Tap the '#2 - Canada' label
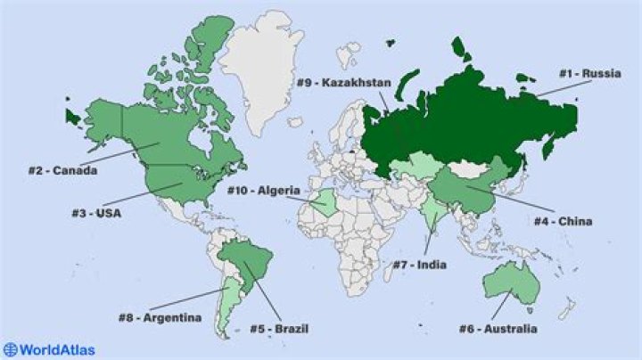click(62, 170)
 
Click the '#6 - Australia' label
click(498, 330)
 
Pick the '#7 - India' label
click(420, 265)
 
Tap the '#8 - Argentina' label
click(160, 317)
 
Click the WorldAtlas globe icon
click(11, 350)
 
